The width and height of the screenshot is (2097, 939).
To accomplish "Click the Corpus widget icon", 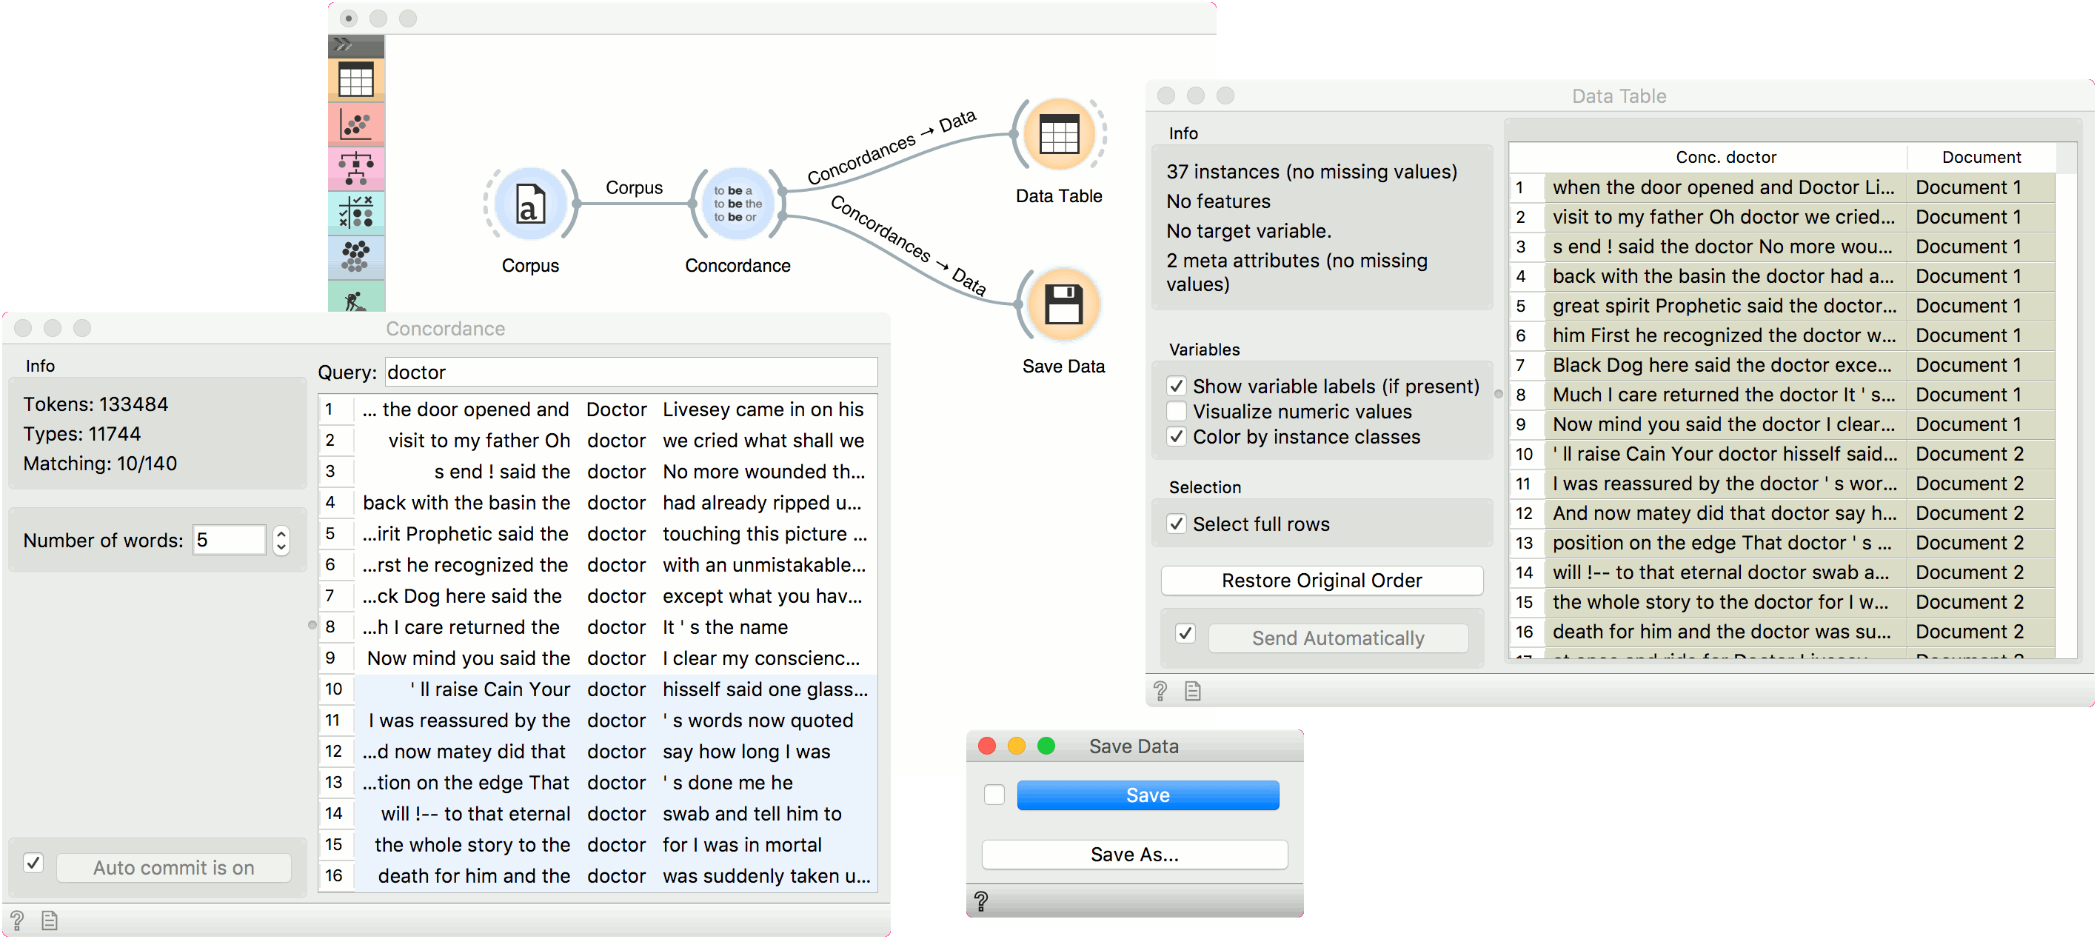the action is tap(531, 204).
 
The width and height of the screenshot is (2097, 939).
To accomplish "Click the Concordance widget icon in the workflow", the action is tap(738, 204).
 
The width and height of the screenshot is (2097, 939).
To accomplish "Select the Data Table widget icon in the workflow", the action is tap(1059, 134).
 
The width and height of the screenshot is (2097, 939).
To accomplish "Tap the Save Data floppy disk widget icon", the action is tap(1064, 304).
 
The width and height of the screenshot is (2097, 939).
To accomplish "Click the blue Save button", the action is tap(1148, 795).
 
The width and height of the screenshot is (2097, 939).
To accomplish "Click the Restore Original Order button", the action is tap(1321, 580).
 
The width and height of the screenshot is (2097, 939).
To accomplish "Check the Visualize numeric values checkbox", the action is tap(1177, 411).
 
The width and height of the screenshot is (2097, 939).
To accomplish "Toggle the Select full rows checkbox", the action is tap(1177, 524).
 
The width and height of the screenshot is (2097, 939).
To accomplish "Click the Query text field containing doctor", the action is tap(631, 372).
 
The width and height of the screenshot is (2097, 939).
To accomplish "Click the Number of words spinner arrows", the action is tap(281, 540).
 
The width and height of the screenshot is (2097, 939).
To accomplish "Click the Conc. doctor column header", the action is tap(1725, 157).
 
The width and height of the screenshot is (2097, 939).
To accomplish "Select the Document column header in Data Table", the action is tap(1981, 157).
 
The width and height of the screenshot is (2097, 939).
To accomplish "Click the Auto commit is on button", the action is tap(173, 867).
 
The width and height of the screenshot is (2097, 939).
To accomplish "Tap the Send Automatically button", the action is tap(1337, 638).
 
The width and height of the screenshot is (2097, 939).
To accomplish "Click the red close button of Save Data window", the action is tap(986, 746).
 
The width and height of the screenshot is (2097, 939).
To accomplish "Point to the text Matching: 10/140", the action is tap(100, 464).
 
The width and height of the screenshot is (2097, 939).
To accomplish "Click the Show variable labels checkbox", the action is tap(1177, 386).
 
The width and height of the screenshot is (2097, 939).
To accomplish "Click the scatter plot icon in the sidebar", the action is tap(355, 124).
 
